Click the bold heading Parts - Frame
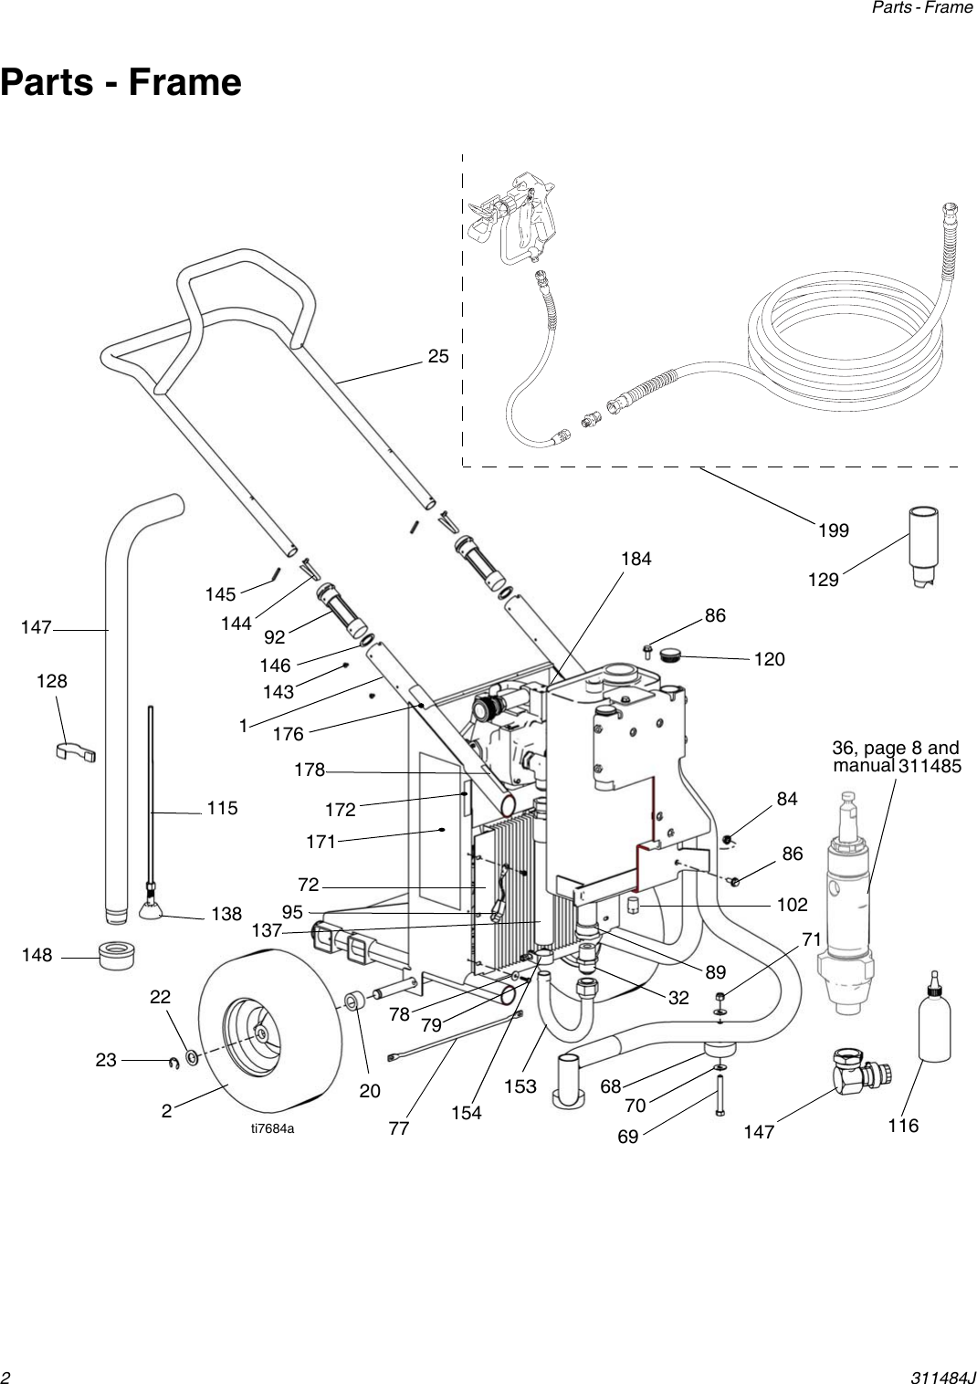pyautogui.click(x=121, y=82)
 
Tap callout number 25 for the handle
pyautogui.click(x=438, y=357)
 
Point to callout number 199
pyautogui.click(x=833, y=530)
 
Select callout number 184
pyautogui.click(x=636, y=559)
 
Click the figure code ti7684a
pyautogui.click(x=273, y=1128)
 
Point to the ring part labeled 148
pyautogui.click(x=117, y=955)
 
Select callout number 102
pyautogui.click(x=792, y=905)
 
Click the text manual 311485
pyautogui.click(x=897, y=766)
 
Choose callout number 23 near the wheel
pyautogui.click(x=106, y=1060)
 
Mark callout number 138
pyautogui.click(x=226, y=914)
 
